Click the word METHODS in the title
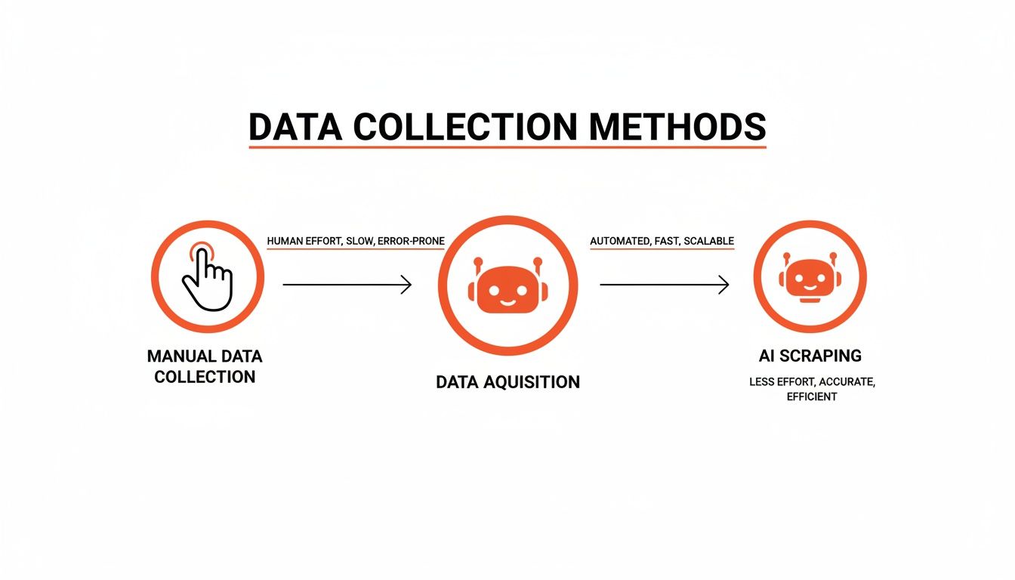(677, 127)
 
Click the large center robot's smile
(507, 301)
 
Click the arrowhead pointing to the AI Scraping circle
(724, 285)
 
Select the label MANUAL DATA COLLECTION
(205, 366)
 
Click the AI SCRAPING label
(810, 355)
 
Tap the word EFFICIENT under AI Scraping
(811, 396)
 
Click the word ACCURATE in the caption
(846, 382)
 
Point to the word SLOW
(359, 241)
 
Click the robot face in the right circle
(810, 279)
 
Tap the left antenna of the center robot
(477, 264)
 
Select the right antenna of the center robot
(538, 264)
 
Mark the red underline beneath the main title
(507, 147)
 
